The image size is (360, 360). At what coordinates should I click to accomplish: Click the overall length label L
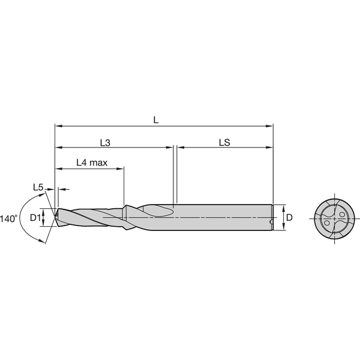[x=156, y=119]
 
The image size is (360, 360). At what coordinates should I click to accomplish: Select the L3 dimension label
[x=105, y=142]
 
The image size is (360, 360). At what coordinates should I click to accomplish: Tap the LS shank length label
[x=225, y=142]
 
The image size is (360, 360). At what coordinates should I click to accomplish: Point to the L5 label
[x=38, y=188]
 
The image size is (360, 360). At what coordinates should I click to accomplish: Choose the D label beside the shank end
[x=289, y=218]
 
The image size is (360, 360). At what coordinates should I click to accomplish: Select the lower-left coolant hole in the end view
[x=327, y=224]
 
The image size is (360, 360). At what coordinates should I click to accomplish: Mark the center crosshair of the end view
[x=334, y=217]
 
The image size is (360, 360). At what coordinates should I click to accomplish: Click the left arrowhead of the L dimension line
[x=57, y=127]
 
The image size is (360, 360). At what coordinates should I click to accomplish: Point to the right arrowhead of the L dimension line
[x=271, y=127]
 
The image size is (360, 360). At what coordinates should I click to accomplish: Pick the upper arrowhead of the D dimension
[x=280, y=208]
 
